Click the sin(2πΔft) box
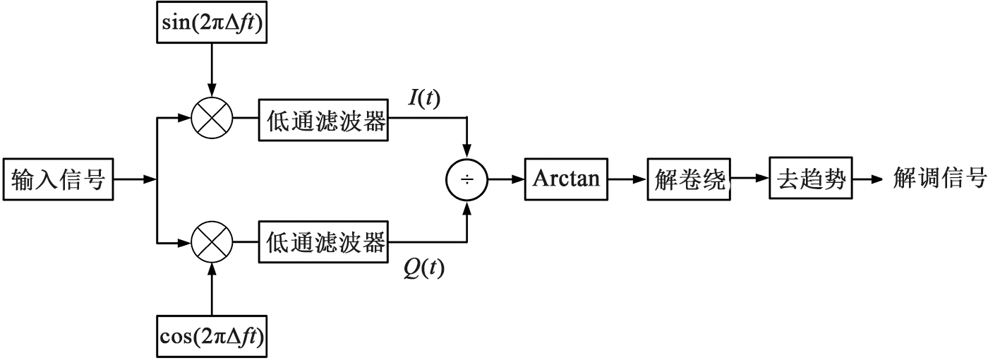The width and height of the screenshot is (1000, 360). pyautogui.click(x=212, y=26)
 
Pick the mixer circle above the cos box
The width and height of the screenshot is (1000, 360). pyautogui.click(x=212, y=244)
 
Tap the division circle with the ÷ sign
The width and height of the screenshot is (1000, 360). pyautogui.click(x=466, y=181)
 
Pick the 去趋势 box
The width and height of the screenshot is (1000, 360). pyautogui.click(x=810, y=180)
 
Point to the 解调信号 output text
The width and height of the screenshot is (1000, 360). pyautogui.click(x=939, y=179)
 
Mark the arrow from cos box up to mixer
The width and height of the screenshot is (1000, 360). pyautogui.click(x=212, y=290)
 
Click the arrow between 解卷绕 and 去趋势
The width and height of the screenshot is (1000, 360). pyautogui.click(x=749, y=180)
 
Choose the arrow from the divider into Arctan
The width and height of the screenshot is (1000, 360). pyautogui.click(x=506, y=180)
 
